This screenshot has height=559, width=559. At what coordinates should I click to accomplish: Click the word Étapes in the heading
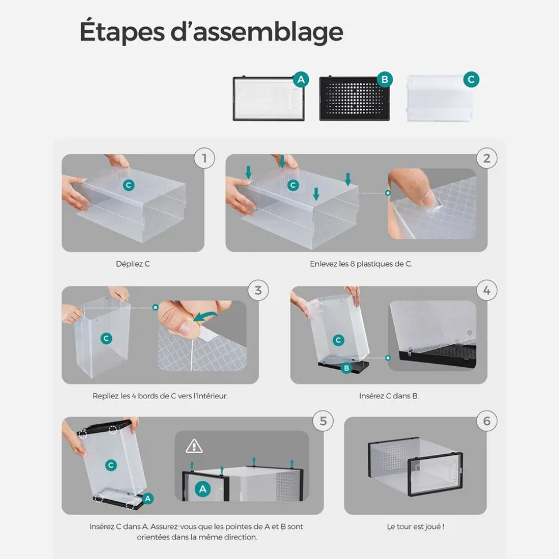(x=122, y=31)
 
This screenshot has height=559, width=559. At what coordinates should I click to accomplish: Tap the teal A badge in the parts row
(x=301, y=79)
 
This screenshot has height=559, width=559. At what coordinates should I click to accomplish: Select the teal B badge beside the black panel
(x=385, y=79)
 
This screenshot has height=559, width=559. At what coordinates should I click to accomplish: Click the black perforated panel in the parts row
(x=354, y=99)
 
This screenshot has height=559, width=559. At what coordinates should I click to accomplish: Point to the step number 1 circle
(x=205, y=158)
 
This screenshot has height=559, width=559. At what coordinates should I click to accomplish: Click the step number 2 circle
(x=487, y=158)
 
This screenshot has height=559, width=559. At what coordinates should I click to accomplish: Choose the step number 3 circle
(x=258, y=290)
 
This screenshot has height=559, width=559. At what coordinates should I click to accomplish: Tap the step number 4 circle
(x=487, y=290)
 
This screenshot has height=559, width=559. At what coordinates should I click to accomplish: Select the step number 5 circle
(x=323, y=421)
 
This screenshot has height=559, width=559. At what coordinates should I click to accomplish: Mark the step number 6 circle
(x=487, y=421)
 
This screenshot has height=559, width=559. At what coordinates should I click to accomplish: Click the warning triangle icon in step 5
(x=194, y=446)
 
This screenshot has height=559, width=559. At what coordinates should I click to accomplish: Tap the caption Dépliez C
(x=133, y=264)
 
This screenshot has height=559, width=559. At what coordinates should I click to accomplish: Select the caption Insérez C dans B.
(x=389, y=396)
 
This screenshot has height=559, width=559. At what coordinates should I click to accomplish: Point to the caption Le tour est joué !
(x=416, y=527)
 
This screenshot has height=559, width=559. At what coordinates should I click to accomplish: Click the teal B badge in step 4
(x=346, y=368)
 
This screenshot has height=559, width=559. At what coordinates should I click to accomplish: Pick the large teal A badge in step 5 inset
(x=203, y=489)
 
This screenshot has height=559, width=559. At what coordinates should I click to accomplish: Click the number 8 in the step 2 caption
(x=352, y=264)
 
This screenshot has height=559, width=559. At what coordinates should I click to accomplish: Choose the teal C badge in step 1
(x=129, y=185)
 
